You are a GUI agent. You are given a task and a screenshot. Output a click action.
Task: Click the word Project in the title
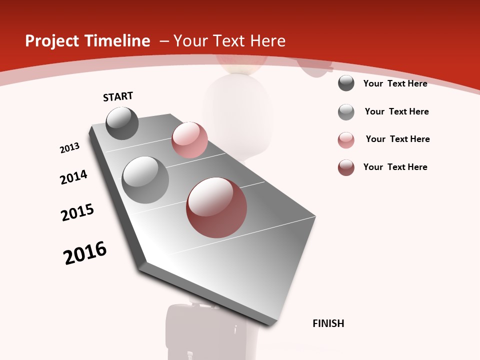click(49, 41)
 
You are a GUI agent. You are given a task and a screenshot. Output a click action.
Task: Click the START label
click(118, 96)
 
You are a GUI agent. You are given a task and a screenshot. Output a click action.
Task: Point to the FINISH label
click(328, 323)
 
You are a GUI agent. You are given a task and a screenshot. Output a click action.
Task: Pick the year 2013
click(70, 148)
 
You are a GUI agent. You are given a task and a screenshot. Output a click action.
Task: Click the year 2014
click(74, 177)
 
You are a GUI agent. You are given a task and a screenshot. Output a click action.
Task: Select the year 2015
click(77, 212)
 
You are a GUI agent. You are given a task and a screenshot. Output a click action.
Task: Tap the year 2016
click(85, 253)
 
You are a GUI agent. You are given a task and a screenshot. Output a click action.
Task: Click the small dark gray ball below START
click(122, 123)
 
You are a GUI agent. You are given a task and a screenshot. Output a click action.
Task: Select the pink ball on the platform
click(189, 140)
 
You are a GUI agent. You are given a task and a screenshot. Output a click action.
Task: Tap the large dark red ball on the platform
click(216, 207)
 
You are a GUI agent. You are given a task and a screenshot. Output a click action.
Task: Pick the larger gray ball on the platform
click(145, 180)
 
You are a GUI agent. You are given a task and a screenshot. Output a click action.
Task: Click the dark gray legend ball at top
click(346, 83)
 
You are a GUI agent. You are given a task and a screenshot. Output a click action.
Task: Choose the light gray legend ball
click(346, 112)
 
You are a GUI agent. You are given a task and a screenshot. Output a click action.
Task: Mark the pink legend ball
click(346, 140)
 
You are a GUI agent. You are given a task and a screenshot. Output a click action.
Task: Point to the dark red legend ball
click(346, 167)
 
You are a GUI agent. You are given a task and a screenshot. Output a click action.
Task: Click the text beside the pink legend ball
click(397, 139)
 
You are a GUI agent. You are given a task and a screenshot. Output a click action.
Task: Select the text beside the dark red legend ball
click(395, 167)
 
